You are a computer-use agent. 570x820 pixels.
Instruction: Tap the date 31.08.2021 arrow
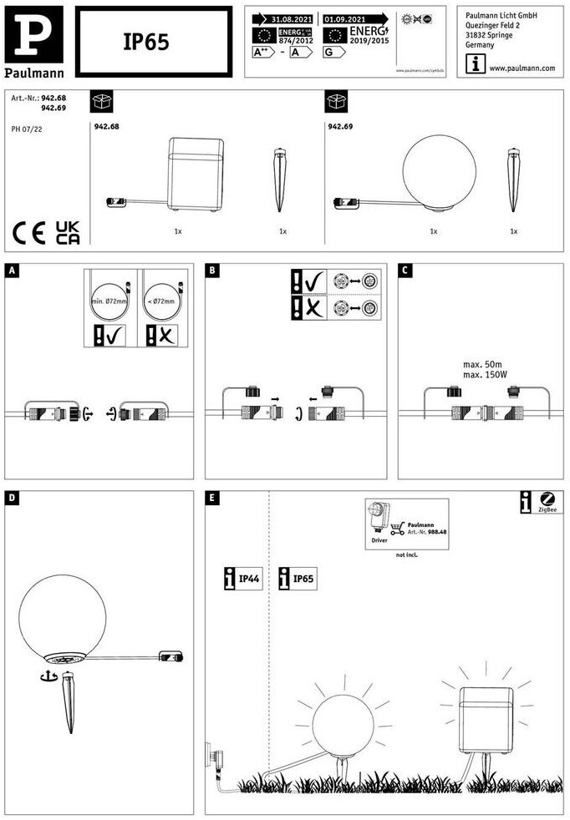click(x=283, y=18)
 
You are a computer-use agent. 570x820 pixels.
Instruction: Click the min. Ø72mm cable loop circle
click(x=109, y=303)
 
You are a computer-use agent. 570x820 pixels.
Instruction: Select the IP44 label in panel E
click(x=243, y=578)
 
